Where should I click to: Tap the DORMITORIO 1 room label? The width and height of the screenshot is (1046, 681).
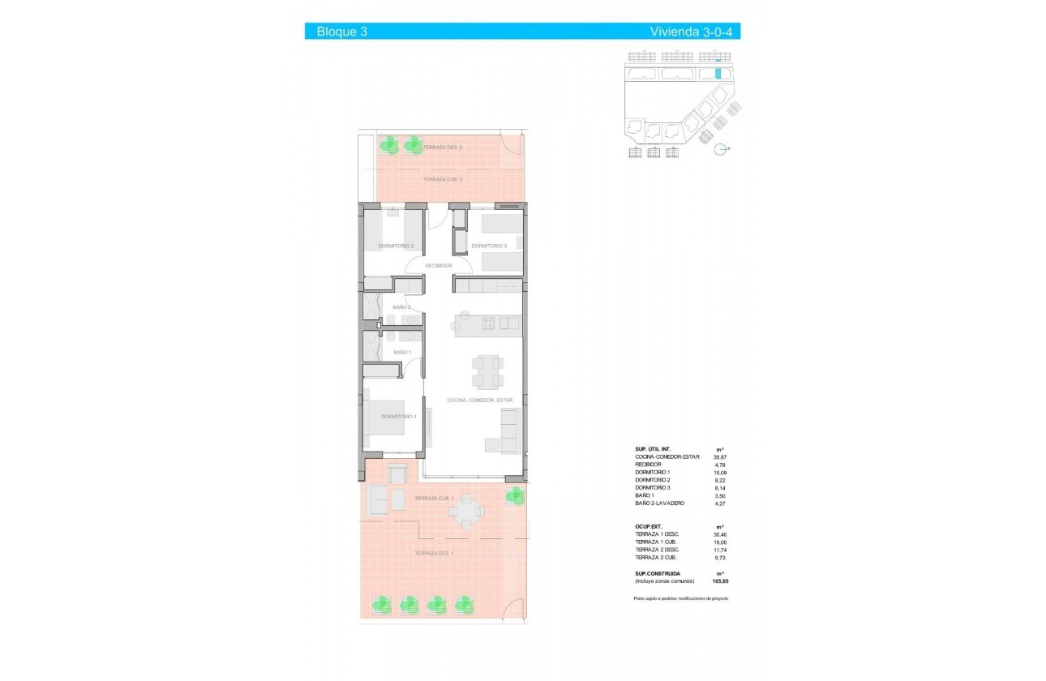(x=399, y=417)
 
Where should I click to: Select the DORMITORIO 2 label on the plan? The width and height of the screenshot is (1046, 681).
(x=397, y=246)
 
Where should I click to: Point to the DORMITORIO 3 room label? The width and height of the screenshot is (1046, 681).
(x=489, y=246)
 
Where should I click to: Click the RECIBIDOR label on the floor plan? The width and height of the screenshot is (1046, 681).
(x=439, y=265)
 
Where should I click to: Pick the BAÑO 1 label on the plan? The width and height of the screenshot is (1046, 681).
(x=402, y=353)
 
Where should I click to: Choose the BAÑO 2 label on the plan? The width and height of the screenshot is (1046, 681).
(x=402, y=307)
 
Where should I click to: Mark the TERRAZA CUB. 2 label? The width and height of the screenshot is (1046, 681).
(x=443, y=179)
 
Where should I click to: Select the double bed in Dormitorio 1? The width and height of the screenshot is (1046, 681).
(x=391, y=420)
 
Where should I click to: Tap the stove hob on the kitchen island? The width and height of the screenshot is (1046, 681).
(x=490, y=324)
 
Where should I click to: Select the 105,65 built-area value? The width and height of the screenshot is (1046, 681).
(x=721, y=581)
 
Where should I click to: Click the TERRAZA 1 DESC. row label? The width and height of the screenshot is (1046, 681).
(x=657, y=534)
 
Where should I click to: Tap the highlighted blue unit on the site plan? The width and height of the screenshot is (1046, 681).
(x=718, y=73)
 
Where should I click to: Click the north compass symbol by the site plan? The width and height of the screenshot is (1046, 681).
(x=719, y=148)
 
